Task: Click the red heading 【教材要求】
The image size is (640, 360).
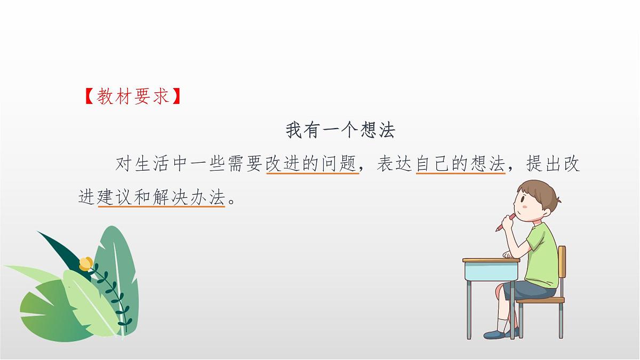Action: point(134,97)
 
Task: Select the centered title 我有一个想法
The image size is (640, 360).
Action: point(340,130)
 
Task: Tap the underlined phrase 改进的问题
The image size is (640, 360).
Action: point(312,164)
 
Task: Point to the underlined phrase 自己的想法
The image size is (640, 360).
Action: point(460,164)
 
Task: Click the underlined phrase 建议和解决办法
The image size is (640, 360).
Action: point(161,198)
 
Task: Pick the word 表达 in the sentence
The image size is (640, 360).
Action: point(395,164)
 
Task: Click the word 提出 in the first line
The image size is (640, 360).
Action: point(543,164)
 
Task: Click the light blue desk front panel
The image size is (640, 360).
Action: point(490,271)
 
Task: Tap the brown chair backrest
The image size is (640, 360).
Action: point(562,267)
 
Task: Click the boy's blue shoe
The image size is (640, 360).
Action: point(494,334)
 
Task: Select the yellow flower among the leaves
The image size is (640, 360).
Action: point(86,263)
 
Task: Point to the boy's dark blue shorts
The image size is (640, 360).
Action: point(528,291)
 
